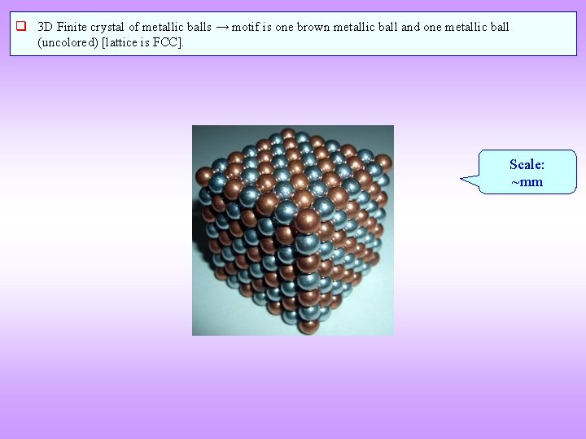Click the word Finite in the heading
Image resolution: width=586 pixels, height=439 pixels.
click(73, 27)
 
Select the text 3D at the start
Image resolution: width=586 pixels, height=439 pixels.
click(46, 27)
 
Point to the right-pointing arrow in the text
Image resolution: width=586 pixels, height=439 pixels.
click(221, 27)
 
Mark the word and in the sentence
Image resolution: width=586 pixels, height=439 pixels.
click(411, 27)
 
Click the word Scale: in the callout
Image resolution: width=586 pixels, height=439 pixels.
click(527, 165)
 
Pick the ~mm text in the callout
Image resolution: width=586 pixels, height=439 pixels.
click(527, 181)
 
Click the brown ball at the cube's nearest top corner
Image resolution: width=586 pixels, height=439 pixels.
click(307, 219)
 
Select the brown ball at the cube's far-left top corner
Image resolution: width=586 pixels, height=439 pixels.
click(204, 175)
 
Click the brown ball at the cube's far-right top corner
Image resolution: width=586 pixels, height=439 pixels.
click(383, 162)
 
